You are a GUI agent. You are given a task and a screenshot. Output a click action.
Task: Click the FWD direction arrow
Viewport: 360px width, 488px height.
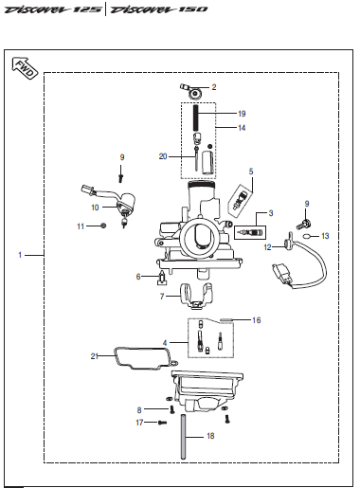point(25,68)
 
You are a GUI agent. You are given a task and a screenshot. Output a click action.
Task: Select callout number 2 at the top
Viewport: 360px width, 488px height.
point(214,87)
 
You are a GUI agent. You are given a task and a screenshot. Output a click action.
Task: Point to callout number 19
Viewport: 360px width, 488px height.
point(242,114)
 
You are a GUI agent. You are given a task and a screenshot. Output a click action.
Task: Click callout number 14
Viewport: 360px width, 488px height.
point(242,128)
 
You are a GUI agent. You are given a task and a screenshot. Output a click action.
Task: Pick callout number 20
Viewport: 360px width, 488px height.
point(163,156)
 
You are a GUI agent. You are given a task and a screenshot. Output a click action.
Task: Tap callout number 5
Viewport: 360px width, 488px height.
point(251,172)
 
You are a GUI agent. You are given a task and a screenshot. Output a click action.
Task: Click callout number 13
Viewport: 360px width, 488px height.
point(325,236)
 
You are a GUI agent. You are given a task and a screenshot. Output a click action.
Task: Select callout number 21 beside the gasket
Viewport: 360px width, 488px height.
point(95,356)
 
